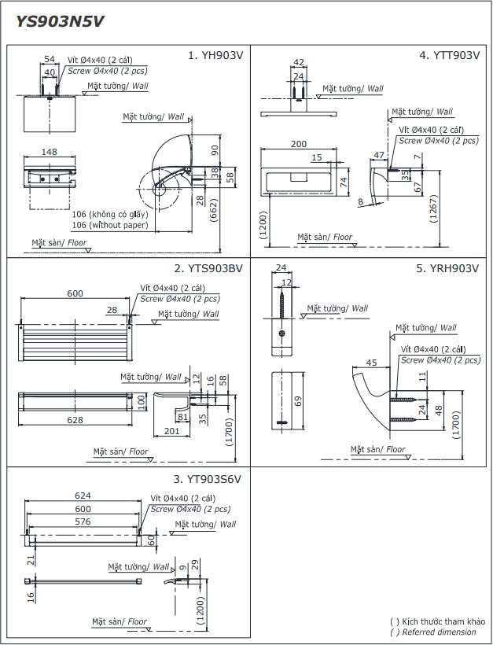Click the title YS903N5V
click(60, 22)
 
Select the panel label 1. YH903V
click(215, 56)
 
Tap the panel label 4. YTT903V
click(449, 55)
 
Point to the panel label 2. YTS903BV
click(208, 268)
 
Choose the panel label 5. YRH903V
click(447, 268)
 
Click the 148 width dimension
click(50, 152)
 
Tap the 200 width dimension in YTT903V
click(299, 144)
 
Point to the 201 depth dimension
click(172, 430)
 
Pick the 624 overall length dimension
click(83, 496)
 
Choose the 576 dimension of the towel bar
click(83, 521)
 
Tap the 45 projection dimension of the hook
click(372, 363)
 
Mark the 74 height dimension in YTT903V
click(344, 181)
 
